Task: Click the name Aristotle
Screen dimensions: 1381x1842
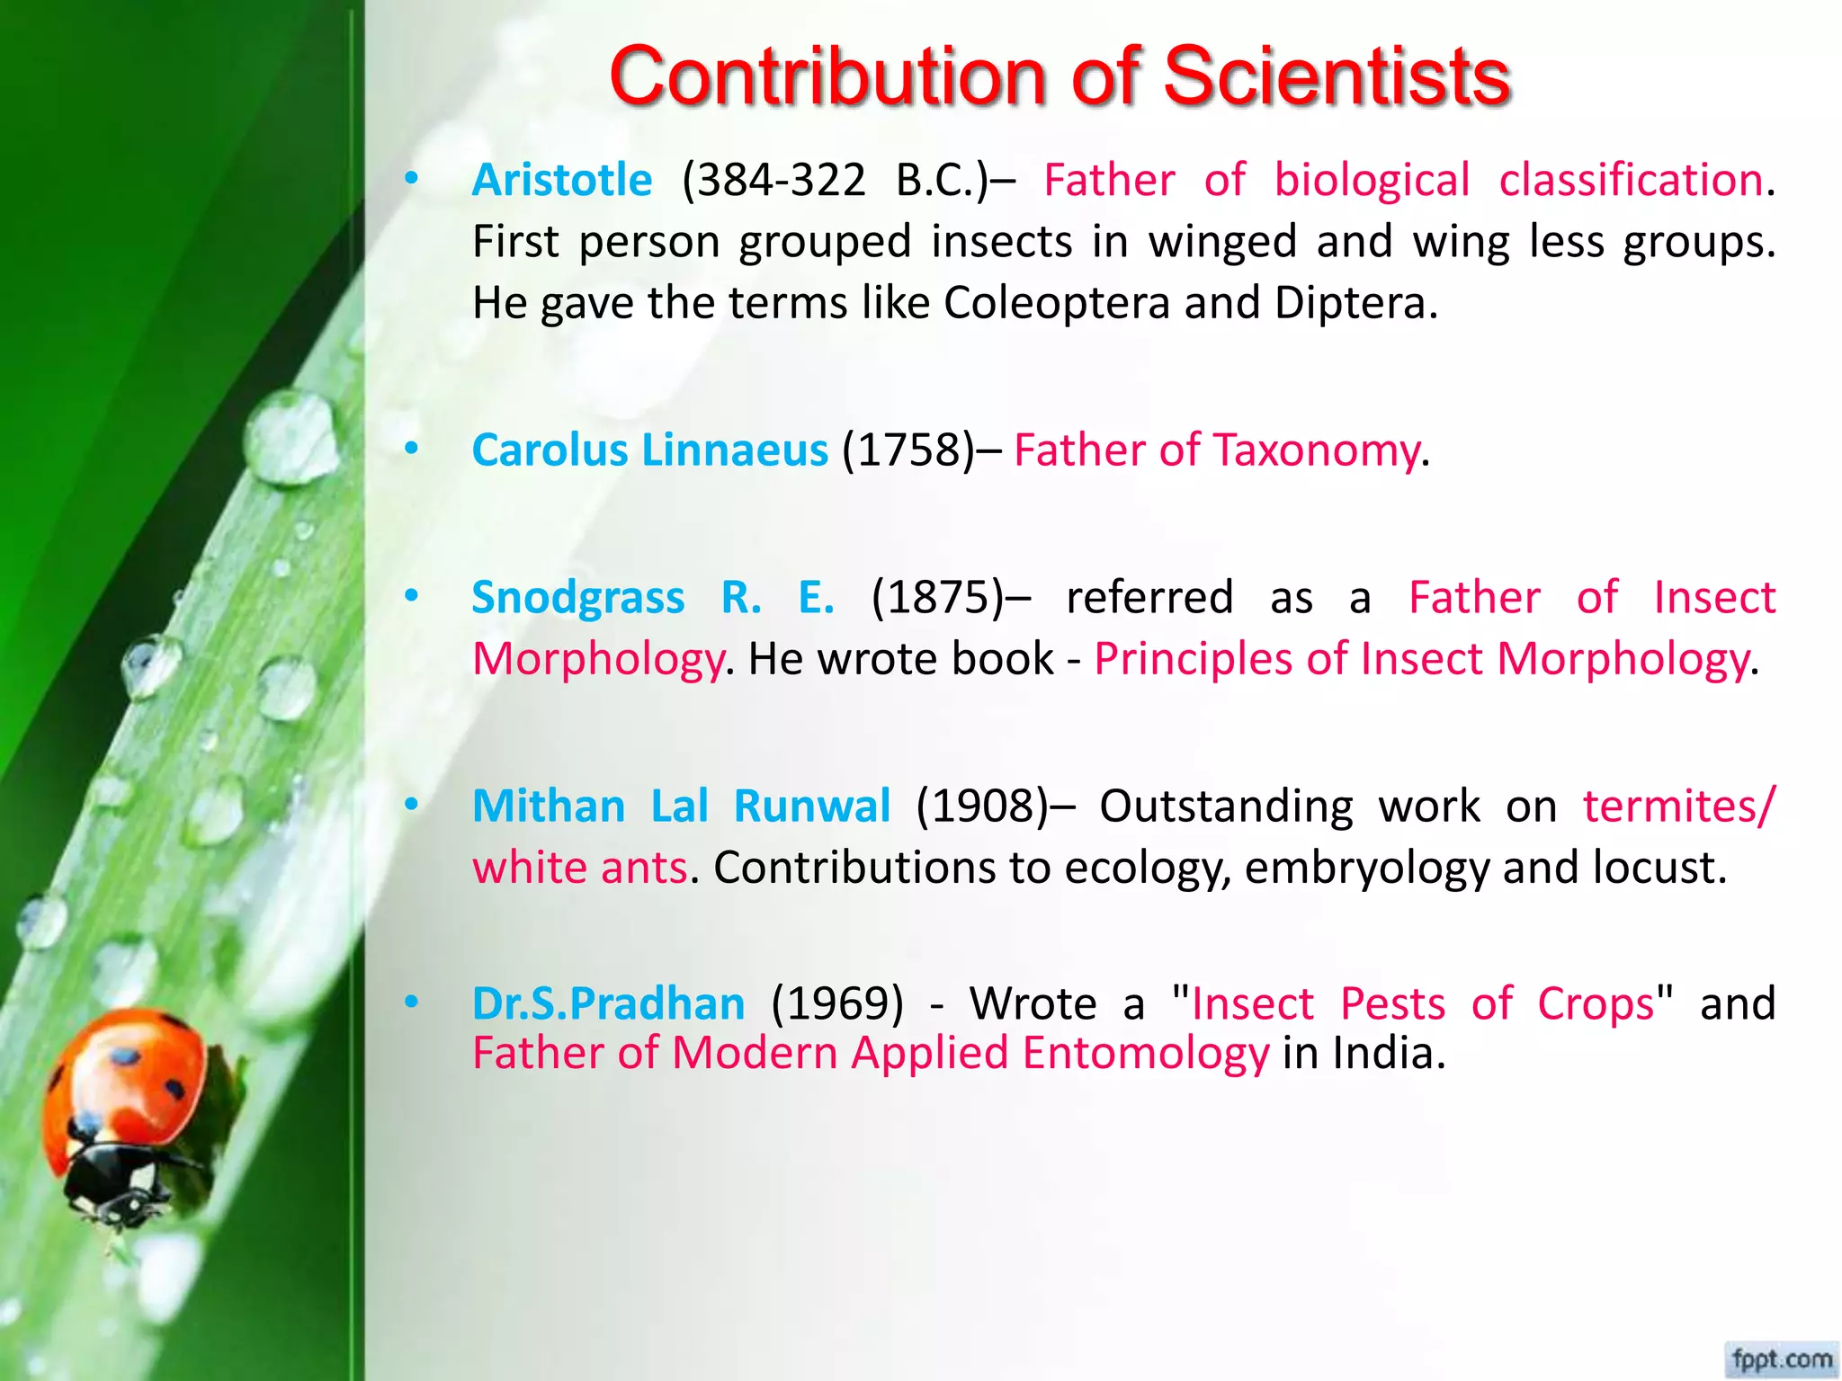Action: (x=562, y=180)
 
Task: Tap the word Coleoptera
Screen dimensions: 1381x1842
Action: (x=1057, y=303)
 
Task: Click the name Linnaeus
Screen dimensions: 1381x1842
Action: (x=734, y=450)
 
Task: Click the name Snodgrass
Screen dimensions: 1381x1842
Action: (x=578, y=597)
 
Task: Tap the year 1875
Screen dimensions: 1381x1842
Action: (x=938, y=597)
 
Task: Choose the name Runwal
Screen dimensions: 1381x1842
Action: (x=811, y=806)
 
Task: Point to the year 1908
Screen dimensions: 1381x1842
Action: (x=982, y=806)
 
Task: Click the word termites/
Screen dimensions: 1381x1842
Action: (x=1679, y=806)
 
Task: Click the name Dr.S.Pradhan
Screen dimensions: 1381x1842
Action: (x=608, y=1003)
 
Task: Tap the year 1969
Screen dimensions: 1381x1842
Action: (x=837, y=1003)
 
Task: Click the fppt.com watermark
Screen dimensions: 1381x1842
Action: (x=1781, y=1359)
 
